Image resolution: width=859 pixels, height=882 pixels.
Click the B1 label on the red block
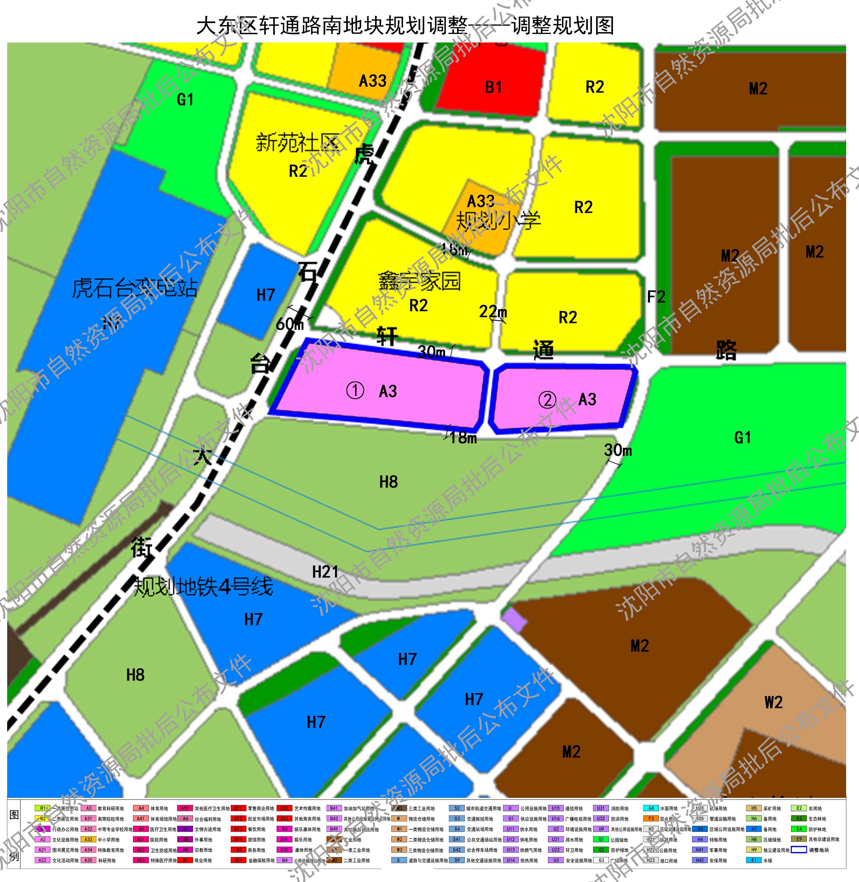click(x=493, y=87)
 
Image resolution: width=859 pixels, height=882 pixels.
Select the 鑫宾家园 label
click(x=419, y=281)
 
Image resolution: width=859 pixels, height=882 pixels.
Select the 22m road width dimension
click(x=493, y=311)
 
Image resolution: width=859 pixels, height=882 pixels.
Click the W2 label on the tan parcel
click(x=773, y=702)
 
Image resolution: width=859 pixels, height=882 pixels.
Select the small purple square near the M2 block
click(x=515, y=619)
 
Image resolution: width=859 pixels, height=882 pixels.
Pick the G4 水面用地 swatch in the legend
click(x=651, y=808)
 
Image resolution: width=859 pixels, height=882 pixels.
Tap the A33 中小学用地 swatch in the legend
click(x=88, y=839)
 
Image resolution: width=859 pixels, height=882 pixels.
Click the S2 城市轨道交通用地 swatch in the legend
click(x=457, y=808)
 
